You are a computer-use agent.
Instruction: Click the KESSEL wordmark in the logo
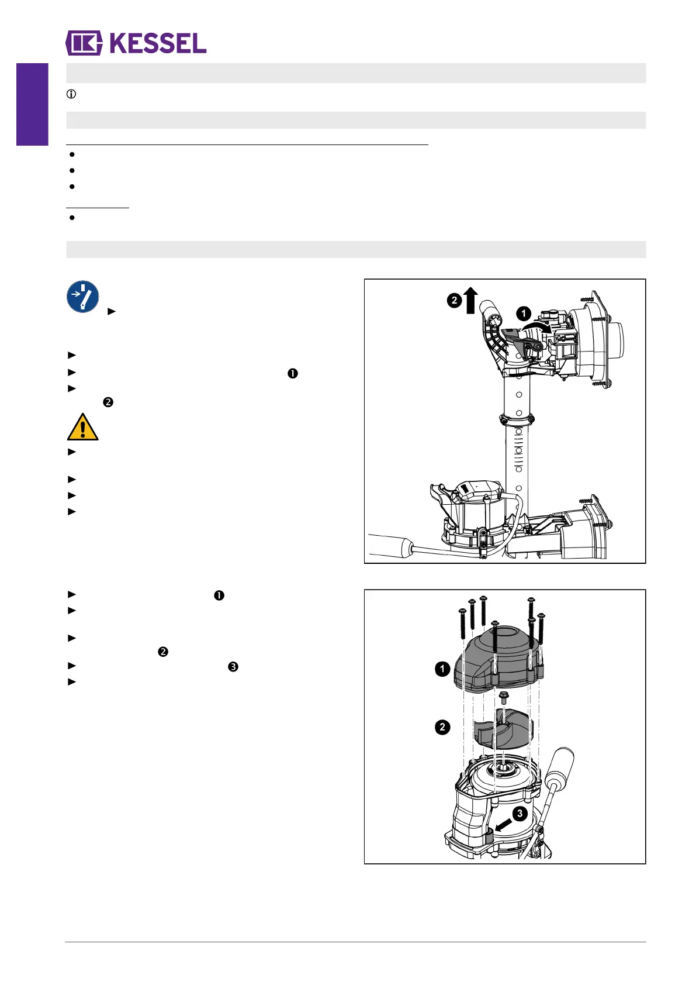click(x=158, y=44)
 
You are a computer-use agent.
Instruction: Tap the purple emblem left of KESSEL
click(x=84, y=43)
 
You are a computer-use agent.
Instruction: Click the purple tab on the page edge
click(x=32, y=104)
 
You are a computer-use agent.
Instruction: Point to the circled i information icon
click(x=71, y=94)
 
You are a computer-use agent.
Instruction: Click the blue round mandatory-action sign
click(x=83, y=297)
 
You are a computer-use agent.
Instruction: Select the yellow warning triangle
click(x=82, y=428)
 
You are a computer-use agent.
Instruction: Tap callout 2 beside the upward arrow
click(x=454, y=301)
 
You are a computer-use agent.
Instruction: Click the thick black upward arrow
click(x=471, y=300)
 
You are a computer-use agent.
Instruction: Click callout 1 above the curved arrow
click(x=524, y=314)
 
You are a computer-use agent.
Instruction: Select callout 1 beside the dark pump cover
click(x=442, y=669)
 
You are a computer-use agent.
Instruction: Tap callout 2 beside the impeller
click(x=442, y=727)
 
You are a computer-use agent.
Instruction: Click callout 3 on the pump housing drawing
click(x=520, y=814)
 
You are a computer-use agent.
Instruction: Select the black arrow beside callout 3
click(x=502, y=825)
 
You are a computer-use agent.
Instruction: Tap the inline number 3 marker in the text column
click(x=233, y=667)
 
